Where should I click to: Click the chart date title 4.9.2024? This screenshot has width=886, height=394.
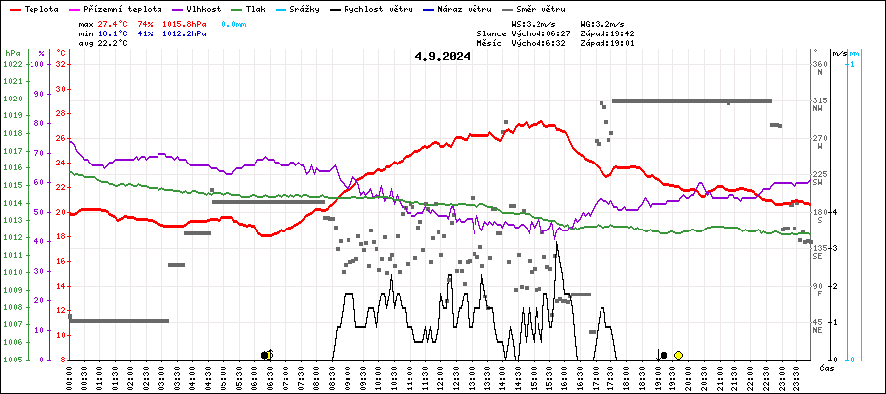coord(442,56)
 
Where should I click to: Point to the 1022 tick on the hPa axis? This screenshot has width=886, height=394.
coord(12,64)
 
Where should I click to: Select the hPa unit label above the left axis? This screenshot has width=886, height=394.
coord(12,53)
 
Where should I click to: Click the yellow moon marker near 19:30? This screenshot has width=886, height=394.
coord(678,355)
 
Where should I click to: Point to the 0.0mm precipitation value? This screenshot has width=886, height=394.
coord(234,22)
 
